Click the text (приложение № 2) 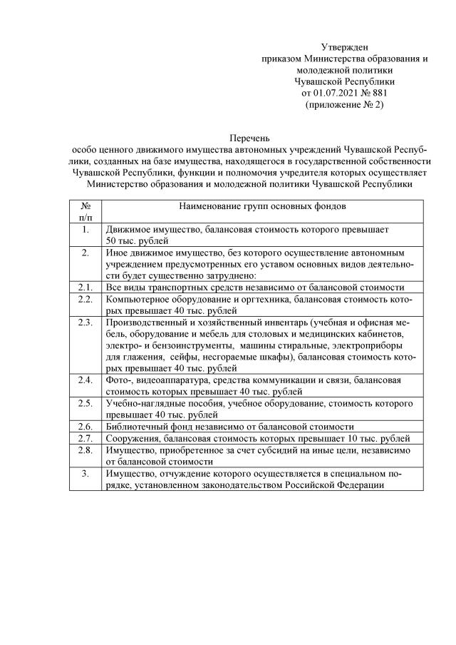[344, 104]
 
